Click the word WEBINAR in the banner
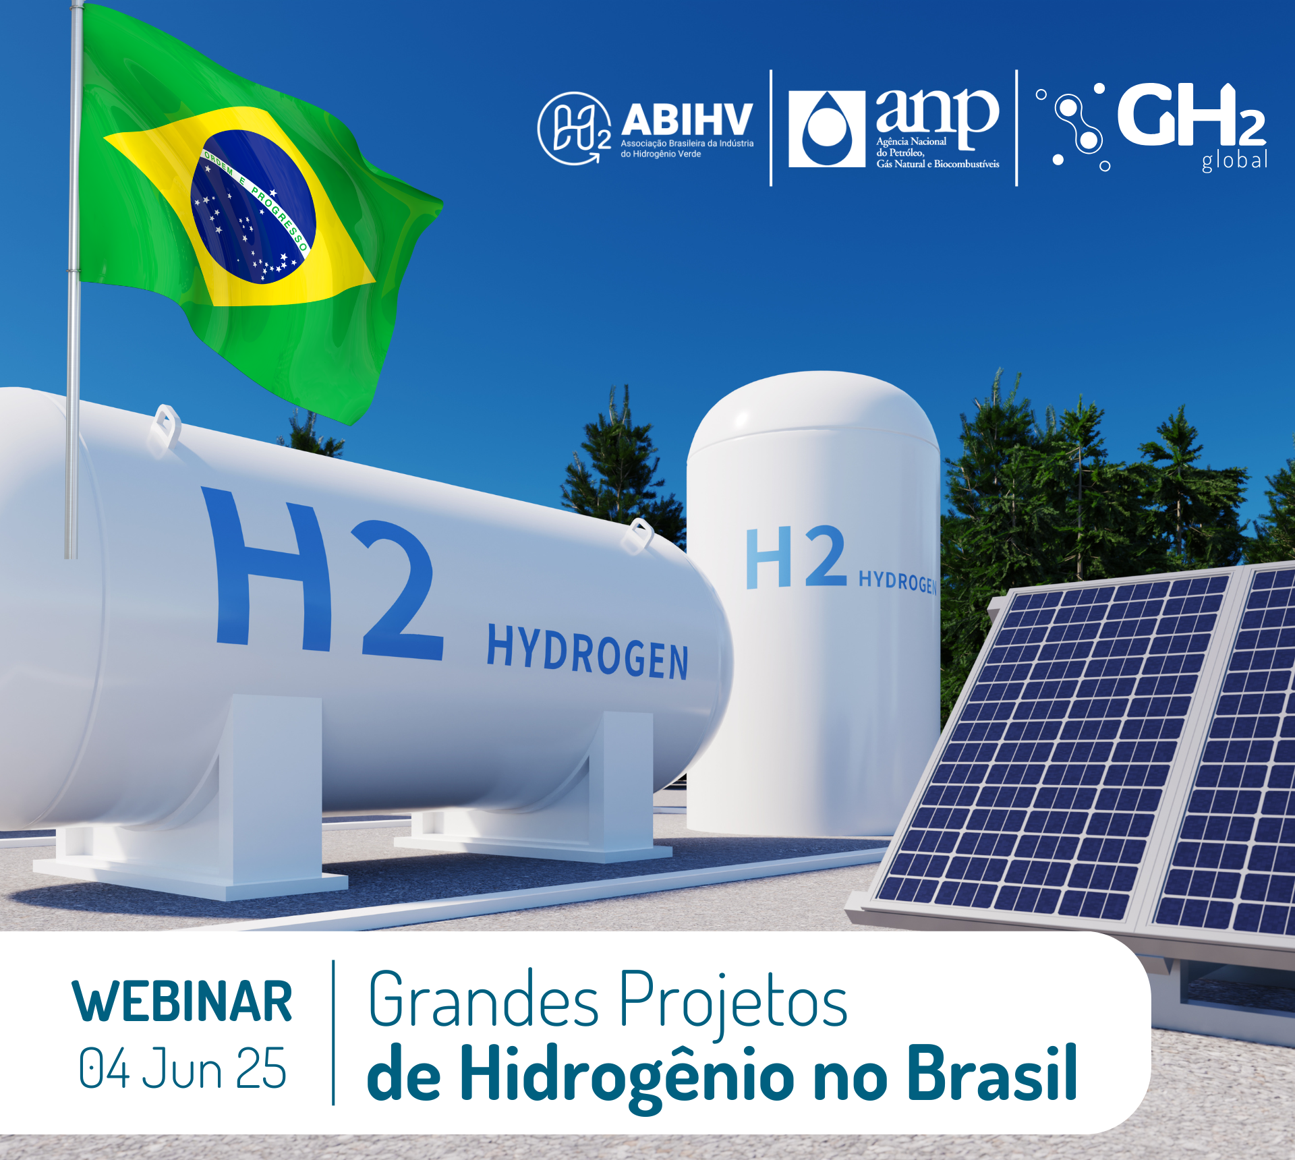(182, 1002)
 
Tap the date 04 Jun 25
(182, 1068)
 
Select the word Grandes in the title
(484, 999)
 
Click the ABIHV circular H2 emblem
(574, 128)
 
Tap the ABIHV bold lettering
(687, 119)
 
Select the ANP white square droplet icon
(827, 129)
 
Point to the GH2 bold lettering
(1191, 115)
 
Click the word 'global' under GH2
(1234, 161)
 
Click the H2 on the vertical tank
(796, 557)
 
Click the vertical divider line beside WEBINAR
(333, 1033)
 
